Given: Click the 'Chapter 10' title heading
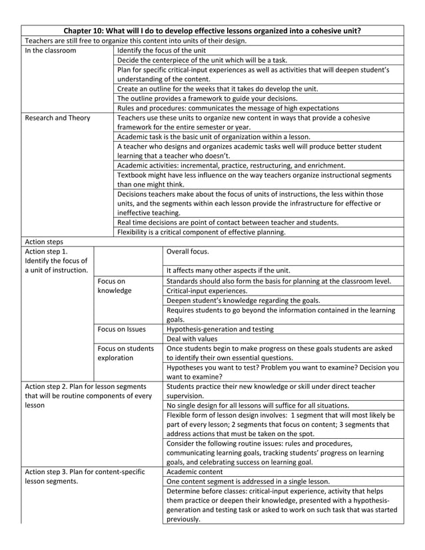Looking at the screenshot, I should click(x=212, y=31).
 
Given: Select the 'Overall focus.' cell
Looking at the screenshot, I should click(x=187, y=252).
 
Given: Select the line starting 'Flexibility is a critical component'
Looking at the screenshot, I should click(x=201, y=232).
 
